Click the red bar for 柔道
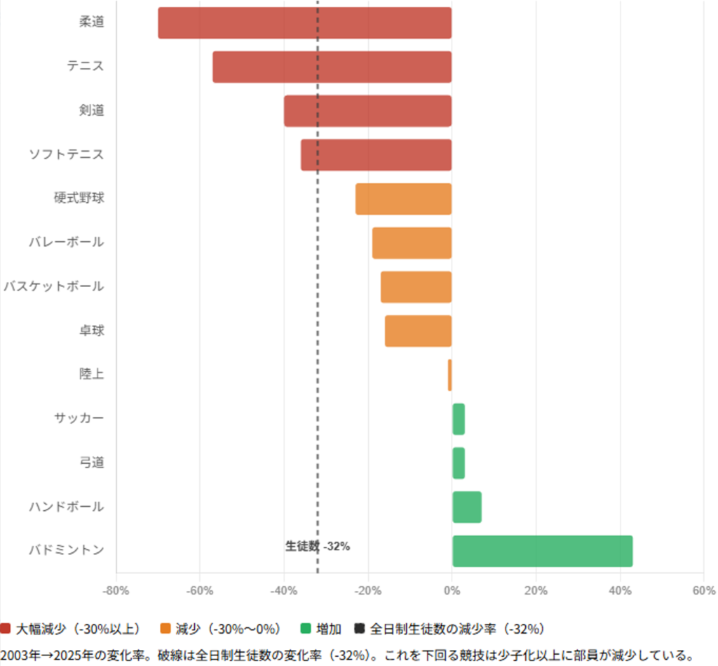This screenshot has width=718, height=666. click(304, 22)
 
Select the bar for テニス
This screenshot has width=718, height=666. click(332, 67)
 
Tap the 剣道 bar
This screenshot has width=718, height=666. click(367, 111)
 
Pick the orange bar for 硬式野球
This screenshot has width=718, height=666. click(403, 199)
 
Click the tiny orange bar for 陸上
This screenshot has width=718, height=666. click(449, 375)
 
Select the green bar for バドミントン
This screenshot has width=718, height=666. click(542, 551)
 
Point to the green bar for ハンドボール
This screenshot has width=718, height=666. click(466, 507)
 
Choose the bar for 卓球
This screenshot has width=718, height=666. click(418, 331)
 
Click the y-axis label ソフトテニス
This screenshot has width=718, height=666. click(67, 154)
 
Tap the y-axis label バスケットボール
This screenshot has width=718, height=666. click(53, 286)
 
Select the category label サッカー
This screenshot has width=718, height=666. click(79, 418)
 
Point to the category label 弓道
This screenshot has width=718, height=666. click(92, 462)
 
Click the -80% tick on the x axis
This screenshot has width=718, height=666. click(116, 590)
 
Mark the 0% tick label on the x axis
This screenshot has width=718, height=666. click(452, 590)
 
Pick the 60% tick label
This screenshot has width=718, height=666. click(703, 590)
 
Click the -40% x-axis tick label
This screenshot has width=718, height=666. click(284, 590)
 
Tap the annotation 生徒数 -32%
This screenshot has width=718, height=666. click(318, 546)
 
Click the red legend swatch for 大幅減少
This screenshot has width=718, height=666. click(6, 628)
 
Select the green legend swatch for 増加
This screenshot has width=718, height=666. click(305, 628)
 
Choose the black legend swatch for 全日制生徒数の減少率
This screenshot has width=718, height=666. click(360, 628)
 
